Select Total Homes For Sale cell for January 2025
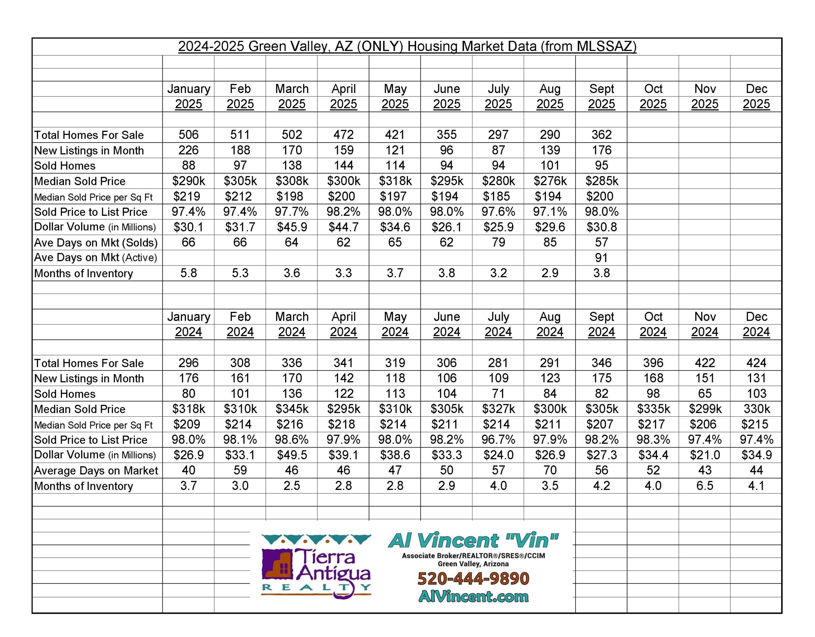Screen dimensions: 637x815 pos(188,135)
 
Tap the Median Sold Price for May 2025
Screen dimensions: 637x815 pos(395,181)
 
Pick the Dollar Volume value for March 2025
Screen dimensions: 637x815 pos(292,227)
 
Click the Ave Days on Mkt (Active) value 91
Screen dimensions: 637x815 pos(601,258)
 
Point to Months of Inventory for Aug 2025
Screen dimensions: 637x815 pos(550,273)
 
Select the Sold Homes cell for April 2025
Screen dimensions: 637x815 pos(343,165)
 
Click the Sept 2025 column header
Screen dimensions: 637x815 pos(601,96)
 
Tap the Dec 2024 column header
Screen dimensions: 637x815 pos(756,324)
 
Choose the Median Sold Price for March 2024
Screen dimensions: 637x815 pos(292,409)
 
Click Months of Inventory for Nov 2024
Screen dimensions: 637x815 pos(705,486)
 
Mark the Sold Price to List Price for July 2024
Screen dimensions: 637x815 pos(498,440)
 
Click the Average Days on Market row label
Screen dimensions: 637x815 pos(96,471)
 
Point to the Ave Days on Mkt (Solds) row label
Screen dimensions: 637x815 pos(96,243)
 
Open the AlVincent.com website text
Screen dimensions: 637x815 pos(473,596)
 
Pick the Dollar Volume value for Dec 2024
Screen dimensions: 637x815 pos(756,455)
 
